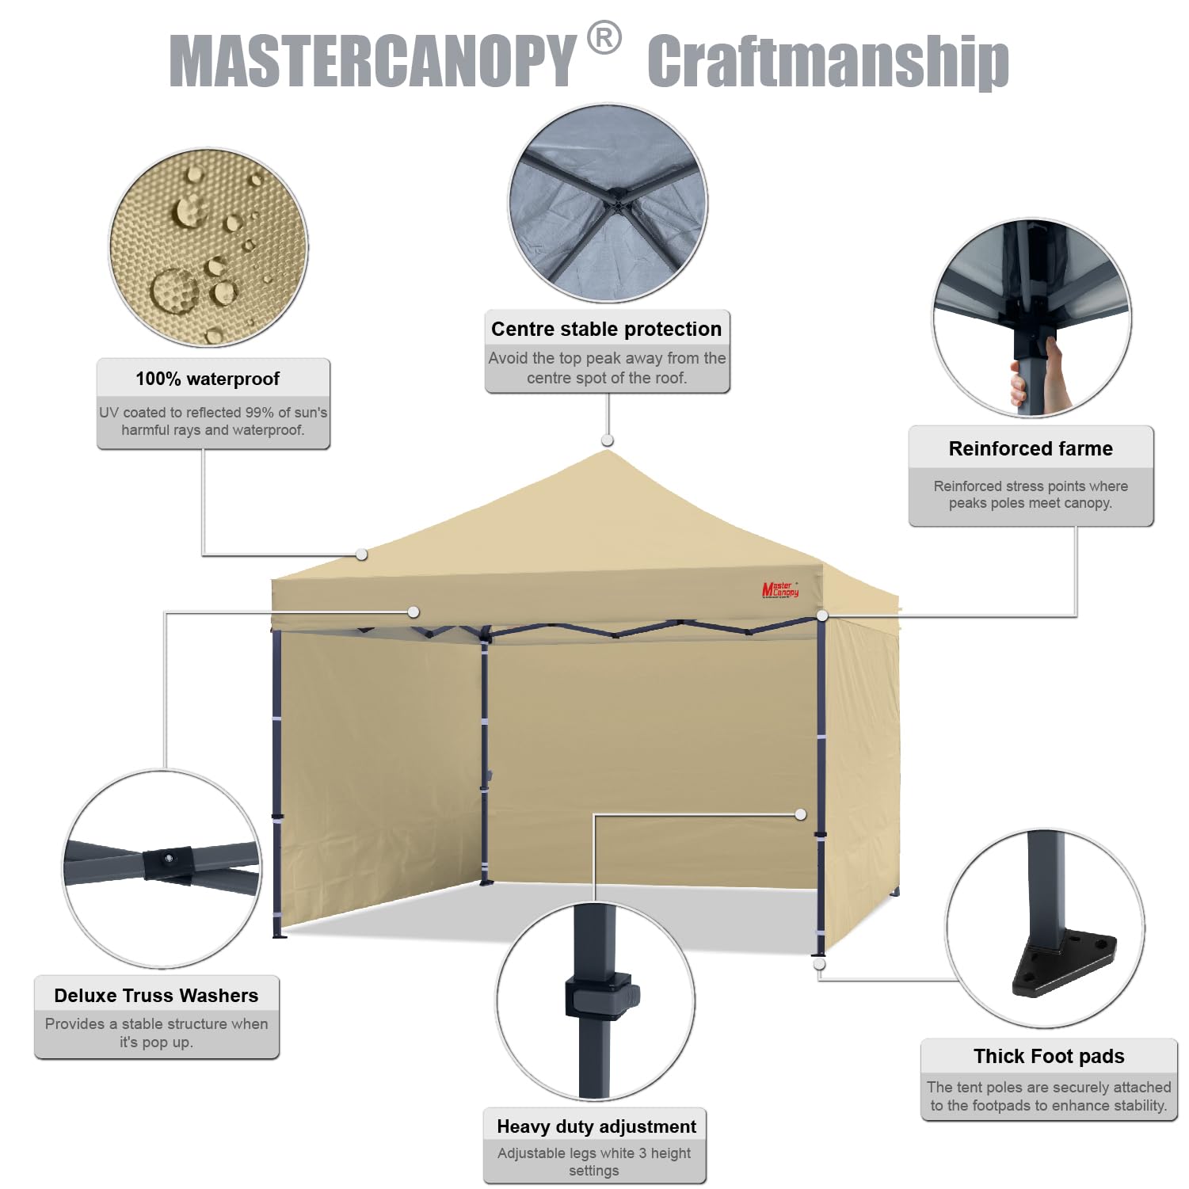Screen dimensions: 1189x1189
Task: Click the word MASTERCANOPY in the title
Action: [372, 60]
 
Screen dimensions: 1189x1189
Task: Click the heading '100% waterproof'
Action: [208, 379]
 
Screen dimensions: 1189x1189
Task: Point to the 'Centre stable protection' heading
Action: [606, 329]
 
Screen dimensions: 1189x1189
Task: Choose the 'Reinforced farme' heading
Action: [1031, 448]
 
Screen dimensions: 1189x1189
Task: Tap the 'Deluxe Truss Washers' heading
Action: [156, 995]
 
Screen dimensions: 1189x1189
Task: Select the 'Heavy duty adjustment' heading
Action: [596, 1126]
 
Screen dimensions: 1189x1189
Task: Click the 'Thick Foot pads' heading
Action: [1049, 1056]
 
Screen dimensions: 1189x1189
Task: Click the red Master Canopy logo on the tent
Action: [780, 589]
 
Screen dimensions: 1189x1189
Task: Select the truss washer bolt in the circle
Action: [168, 858]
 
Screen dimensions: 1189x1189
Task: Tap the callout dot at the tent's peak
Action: [608, 440]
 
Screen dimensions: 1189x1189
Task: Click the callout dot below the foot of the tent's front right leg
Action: [819, 964]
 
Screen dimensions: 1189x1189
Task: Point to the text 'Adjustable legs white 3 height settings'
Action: [594, 1161]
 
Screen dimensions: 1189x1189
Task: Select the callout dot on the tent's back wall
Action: [801, 814]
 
